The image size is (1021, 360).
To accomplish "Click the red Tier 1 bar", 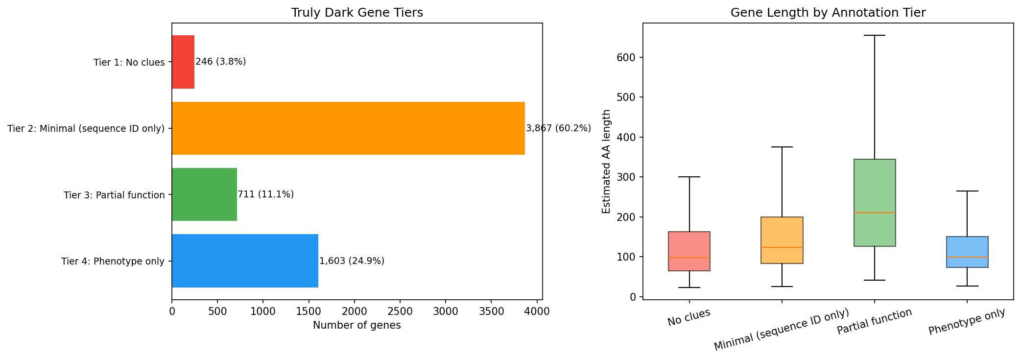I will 183,62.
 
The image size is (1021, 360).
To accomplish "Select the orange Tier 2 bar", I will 348,128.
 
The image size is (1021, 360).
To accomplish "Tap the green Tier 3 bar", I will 204,194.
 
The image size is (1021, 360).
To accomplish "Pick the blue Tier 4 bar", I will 245,261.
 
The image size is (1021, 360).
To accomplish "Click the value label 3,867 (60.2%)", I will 558,128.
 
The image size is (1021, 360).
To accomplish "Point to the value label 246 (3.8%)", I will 220,62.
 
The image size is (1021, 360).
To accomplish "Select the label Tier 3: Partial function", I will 114,195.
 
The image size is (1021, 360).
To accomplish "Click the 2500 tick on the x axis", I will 400,311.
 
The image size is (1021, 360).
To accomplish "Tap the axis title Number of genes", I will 356,325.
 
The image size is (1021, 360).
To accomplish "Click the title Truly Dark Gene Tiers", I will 357,13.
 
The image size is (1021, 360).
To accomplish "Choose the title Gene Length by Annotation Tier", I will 828,13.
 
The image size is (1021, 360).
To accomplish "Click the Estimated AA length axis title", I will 606,161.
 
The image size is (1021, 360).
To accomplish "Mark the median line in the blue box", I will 967,257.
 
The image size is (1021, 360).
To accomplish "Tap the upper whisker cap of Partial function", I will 875,35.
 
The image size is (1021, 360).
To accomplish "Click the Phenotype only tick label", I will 967,322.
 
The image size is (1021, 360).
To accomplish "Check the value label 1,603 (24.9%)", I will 352,261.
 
